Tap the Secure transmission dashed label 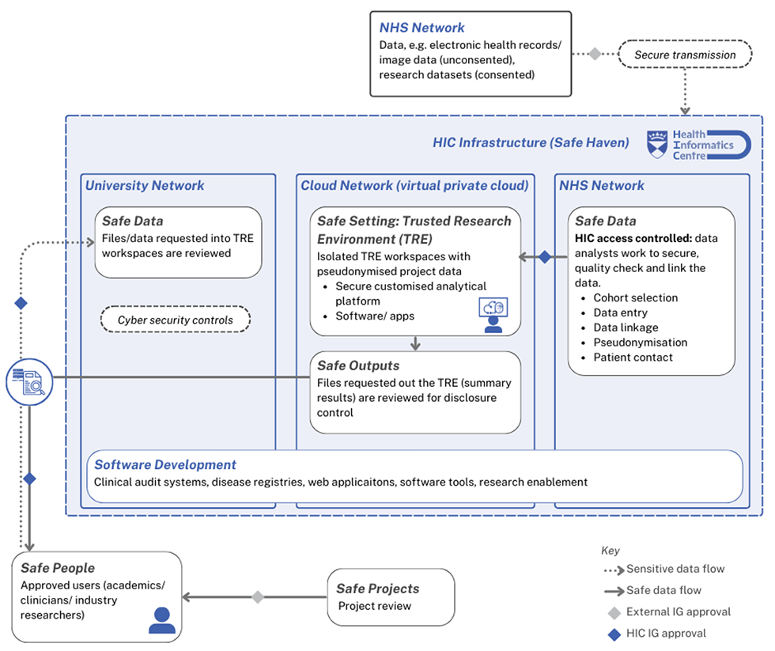coord(685,55)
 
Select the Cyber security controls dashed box coord(176,320)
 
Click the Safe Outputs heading coord(358,365)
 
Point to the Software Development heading coord(165,465)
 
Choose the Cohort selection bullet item coord(635,298)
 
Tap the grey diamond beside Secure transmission coord(595,54)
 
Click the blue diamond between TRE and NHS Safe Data coord(544,257)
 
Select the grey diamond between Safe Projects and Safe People coord(257,597)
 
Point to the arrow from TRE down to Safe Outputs coord(415,343)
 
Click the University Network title coord(145,186)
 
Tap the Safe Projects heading coord(377,589)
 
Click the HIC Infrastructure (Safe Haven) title coord(531,142)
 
